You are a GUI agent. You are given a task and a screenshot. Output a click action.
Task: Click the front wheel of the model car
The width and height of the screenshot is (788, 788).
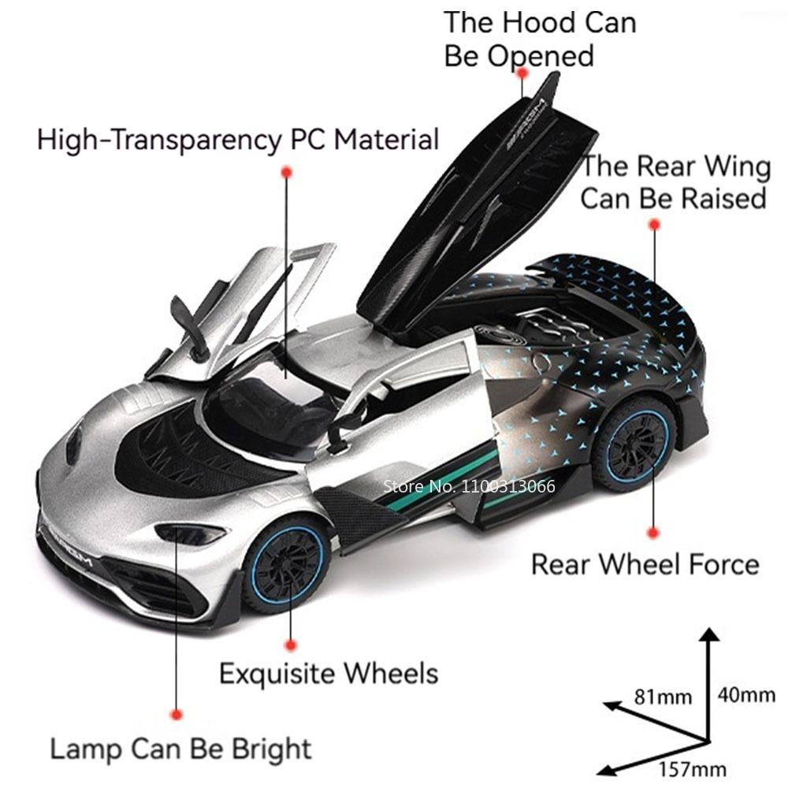(284, 562)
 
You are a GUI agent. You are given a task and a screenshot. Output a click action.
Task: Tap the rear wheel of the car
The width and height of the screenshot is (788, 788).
(635, 443)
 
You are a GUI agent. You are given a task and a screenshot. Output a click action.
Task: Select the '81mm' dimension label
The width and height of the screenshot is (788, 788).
(663, 697)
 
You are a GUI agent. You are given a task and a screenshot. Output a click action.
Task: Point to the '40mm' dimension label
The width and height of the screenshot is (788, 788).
(746, 694)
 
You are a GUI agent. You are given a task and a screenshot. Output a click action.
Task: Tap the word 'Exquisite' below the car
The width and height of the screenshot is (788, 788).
(270, 674)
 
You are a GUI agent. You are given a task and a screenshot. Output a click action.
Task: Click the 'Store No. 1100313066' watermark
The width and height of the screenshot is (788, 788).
(469, 485)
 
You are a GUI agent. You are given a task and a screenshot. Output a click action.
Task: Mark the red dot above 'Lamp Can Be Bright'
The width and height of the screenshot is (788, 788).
(177, 714)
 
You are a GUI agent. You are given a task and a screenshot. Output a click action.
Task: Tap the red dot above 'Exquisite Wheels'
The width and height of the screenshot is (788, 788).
(291, 645)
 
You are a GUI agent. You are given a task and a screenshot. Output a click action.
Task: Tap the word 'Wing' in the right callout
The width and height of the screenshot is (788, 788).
(736, 167)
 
